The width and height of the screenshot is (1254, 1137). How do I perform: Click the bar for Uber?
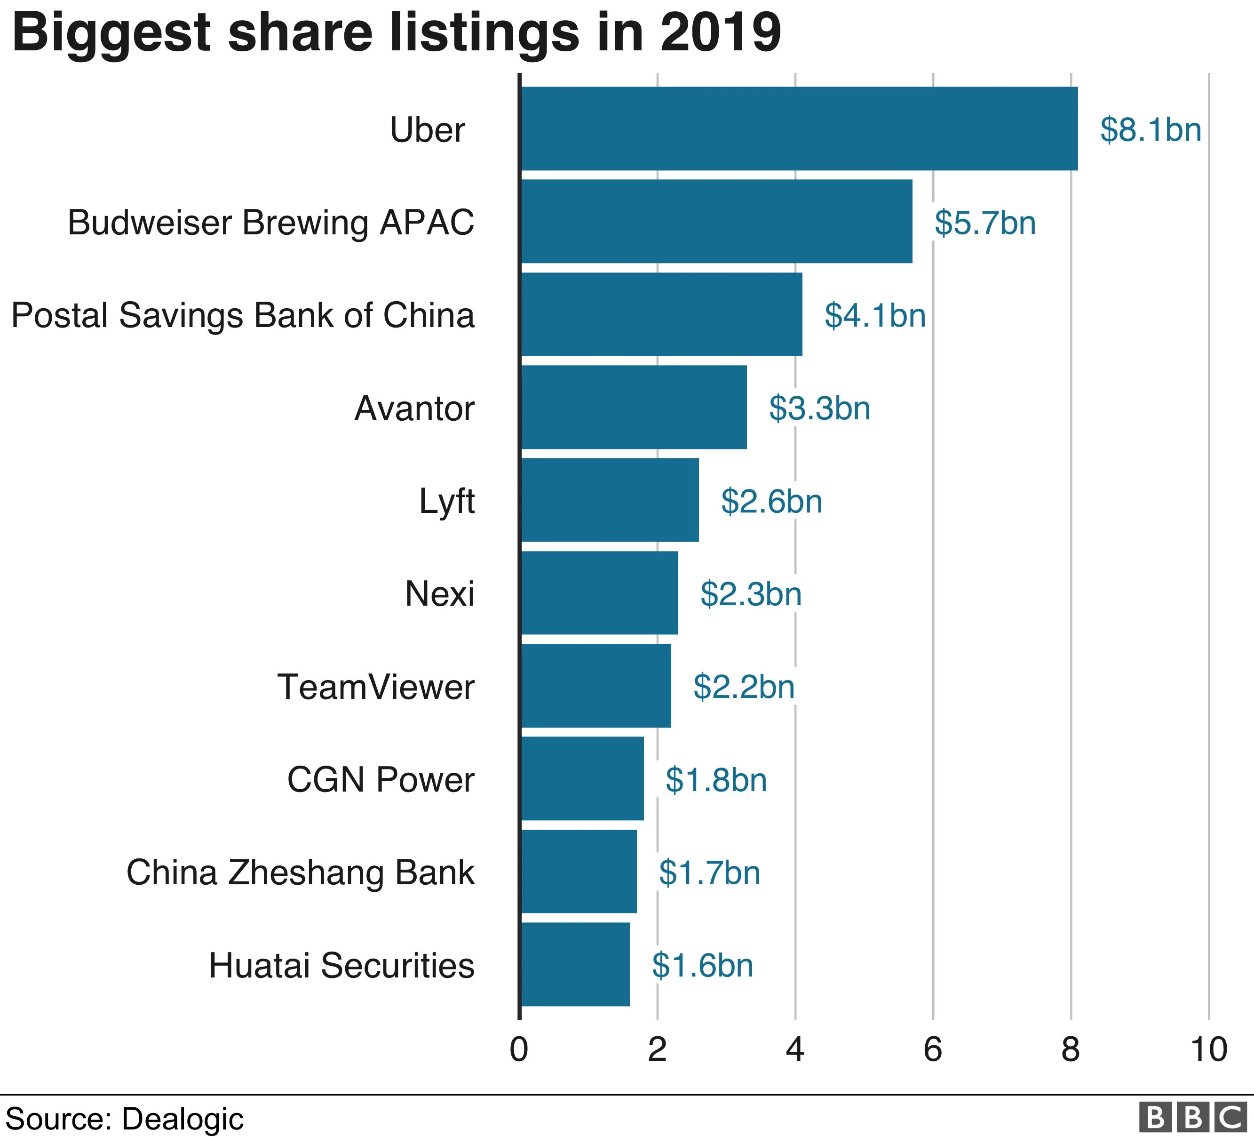(799, 128)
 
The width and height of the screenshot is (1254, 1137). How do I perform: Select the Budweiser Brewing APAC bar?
(716, 222)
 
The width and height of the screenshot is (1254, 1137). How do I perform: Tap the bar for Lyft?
(610, 500)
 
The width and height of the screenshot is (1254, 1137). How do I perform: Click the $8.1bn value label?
(1150, 129)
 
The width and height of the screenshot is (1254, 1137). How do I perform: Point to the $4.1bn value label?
(874, 315)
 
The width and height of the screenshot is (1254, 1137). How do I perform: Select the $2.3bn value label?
(750, 594)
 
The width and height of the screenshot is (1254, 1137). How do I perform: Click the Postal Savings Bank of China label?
(243, 315)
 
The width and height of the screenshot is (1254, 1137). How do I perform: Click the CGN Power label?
(381, 779)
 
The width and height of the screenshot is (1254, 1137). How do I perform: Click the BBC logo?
(1192, 1118)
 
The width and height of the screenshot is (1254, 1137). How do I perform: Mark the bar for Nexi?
(599, 593)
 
